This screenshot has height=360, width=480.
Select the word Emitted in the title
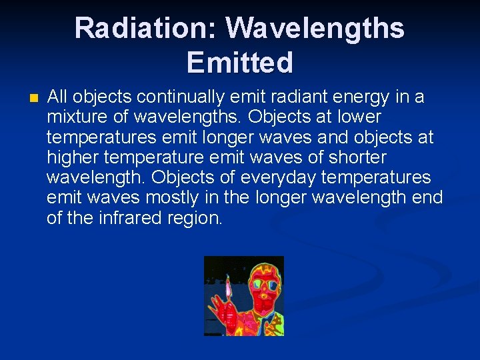point(239,63)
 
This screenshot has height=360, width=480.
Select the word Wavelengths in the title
point(315,29)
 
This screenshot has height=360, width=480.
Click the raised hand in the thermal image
point(219,313)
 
